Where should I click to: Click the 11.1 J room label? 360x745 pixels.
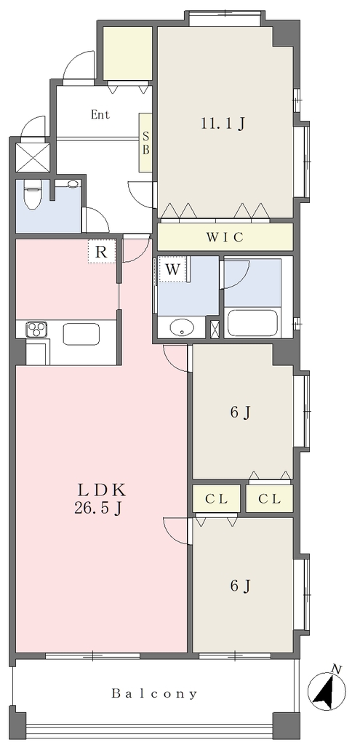(x=223, y=124)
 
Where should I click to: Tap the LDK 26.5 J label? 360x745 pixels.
(x=100, y=498)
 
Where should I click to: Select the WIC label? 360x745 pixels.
(x=225, y=237)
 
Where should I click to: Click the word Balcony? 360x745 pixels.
(x=154, y=694)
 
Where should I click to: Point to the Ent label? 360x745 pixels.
(x=100, y=114)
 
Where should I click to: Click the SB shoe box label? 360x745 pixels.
(x=145, y=143)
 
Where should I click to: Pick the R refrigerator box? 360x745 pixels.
(x=101, y=251)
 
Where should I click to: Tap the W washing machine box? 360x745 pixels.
(x=173, y=270)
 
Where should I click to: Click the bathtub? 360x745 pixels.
(x=252, y=324)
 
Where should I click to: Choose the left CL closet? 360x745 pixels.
(x=217, y=499)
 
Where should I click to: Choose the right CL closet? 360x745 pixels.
(x=269, y=499)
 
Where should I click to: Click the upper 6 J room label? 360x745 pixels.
(x=240, y=413)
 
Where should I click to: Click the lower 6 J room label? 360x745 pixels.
(x=240, y=586)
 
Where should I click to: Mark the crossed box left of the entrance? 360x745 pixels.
(x=33, y=158)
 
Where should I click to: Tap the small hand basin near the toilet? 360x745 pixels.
(x=73, y=184)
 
